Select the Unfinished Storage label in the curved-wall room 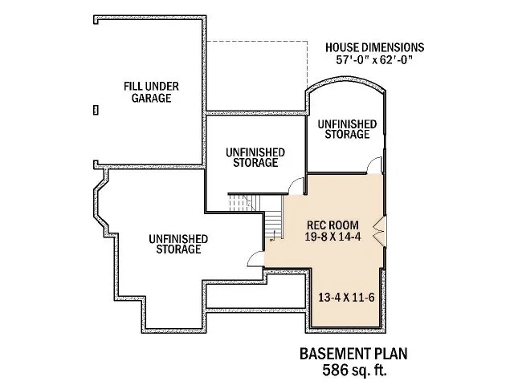[x=347, y=128]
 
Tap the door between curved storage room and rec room [x=373, y=166]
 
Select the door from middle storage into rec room [x=296, y=185]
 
